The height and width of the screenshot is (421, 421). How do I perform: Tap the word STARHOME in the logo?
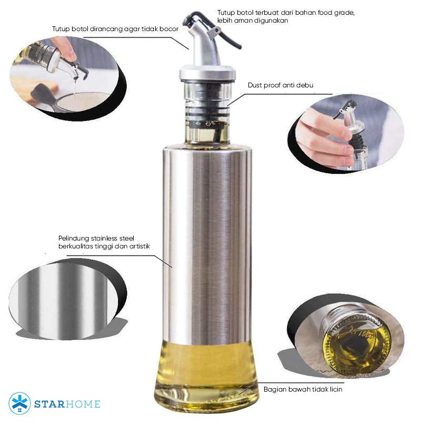tap(67, 405)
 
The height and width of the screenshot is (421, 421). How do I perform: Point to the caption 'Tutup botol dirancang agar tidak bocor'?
tap(115, 29)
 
